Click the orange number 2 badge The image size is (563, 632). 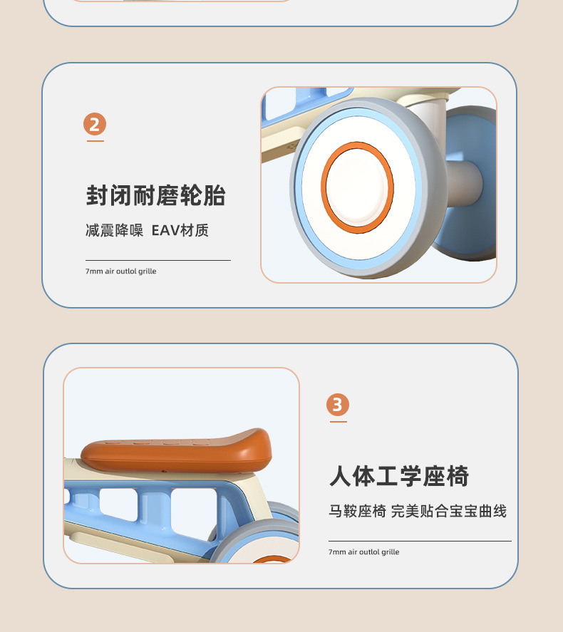(x=95, y=124)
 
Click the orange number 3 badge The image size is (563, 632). (x=338, y=405)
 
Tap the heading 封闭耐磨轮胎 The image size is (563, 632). (x=155, y=196)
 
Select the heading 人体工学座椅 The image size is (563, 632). (x=399, y=476)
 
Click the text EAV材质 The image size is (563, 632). (x=180, y=231)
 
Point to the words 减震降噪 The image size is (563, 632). (x=115, y=231)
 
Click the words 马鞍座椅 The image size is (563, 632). (x=358, y=511)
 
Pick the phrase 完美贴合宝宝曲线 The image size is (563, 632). (x=449, y=511)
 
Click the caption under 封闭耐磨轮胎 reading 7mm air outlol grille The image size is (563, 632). (x=121, y=271)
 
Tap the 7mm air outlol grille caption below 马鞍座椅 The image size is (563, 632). (x=364, y=551)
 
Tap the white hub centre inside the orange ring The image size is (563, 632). (x=357, y=187)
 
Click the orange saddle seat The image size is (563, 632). (x=176, y=450)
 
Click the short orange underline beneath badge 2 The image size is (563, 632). (x=95, y=141)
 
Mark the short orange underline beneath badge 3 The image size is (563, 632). (x=339, y=422)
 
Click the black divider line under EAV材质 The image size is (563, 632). (x=158, y=260)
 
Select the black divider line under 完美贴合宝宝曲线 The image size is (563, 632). (x=420, y=541)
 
